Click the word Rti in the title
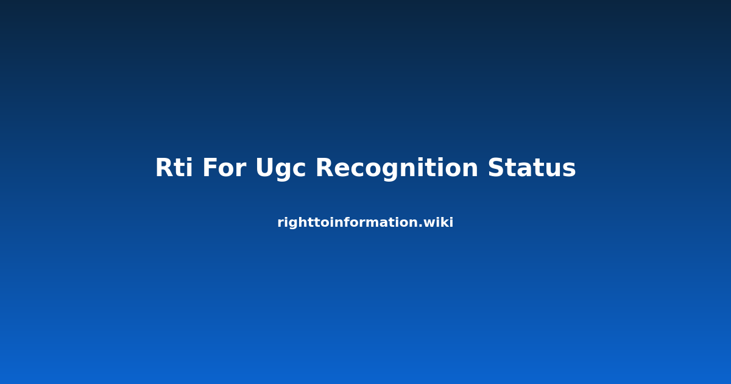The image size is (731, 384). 174,168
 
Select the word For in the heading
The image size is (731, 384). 224,168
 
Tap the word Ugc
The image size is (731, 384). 281,169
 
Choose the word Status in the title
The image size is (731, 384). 532,168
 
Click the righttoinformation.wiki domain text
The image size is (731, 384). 365,222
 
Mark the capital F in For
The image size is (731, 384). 210,168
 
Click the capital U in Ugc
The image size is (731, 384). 266,168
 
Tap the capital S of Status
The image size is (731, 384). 496,168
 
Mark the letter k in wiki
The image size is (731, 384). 445,222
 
